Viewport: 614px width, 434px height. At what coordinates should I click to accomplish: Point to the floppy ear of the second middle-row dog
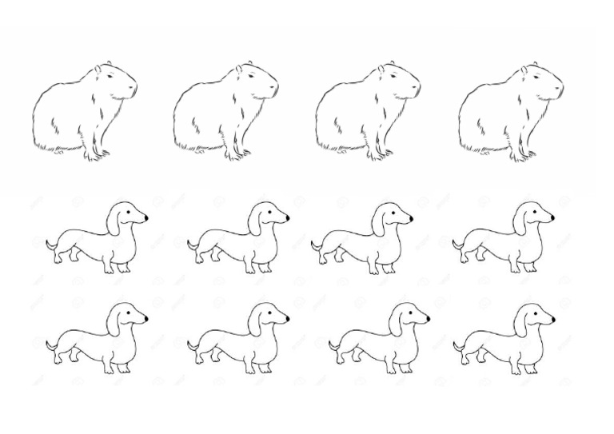coord(255,222)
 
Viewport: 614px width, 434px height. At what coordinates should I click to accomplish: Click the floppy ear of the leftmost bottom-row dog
coord(114,323)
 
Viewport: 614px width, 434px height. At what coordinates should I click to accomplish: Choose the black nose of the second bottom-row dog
coord(286,318)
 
